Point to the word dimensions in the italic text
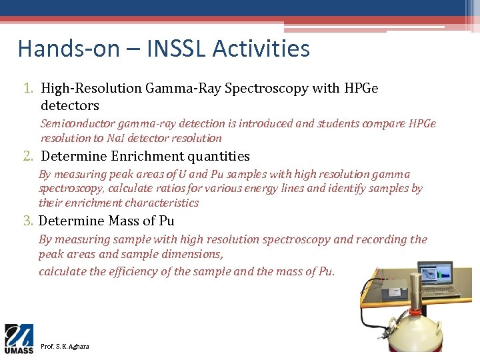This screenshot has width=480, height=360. (193, 254)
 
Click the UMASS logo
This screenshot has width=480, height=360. (19, 339)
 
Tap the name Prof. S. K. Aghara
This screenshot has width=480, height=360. (65, 347)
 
